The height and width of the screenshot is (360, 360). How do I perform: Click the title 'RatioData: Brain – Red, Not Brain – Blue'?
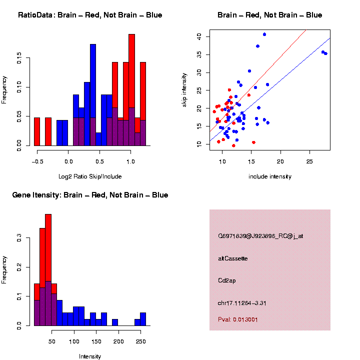coord(90,15)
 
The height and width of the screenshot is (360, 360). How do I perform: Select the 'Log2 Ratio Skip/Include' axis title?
coord(90,176)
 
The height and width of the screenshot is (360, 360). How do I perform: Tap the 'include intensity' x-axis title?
coord(270,176)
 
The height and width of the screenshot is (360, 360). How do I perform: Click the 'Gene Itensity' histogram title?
coord(90,195)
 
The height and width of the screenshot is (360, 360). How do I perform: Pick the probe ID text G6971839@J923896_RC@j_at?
coord(260,236)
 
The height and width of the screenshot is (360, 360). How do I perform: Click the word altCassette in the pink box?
coord(233,258)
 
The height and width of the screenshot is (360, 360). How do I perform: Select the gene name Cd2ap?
coord(227,280)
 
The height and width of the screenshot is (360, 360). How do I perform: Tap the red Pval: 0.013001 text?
coord(238,319)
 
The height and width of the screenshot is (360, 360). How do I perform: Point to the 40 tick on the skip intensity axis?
coord(199,36)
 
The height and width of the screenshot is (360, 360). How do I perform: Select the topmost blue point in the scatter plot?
coord(264,34)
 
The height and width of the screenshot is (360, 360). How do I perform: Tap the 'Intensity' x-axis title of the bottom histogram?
coord(90,356)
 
